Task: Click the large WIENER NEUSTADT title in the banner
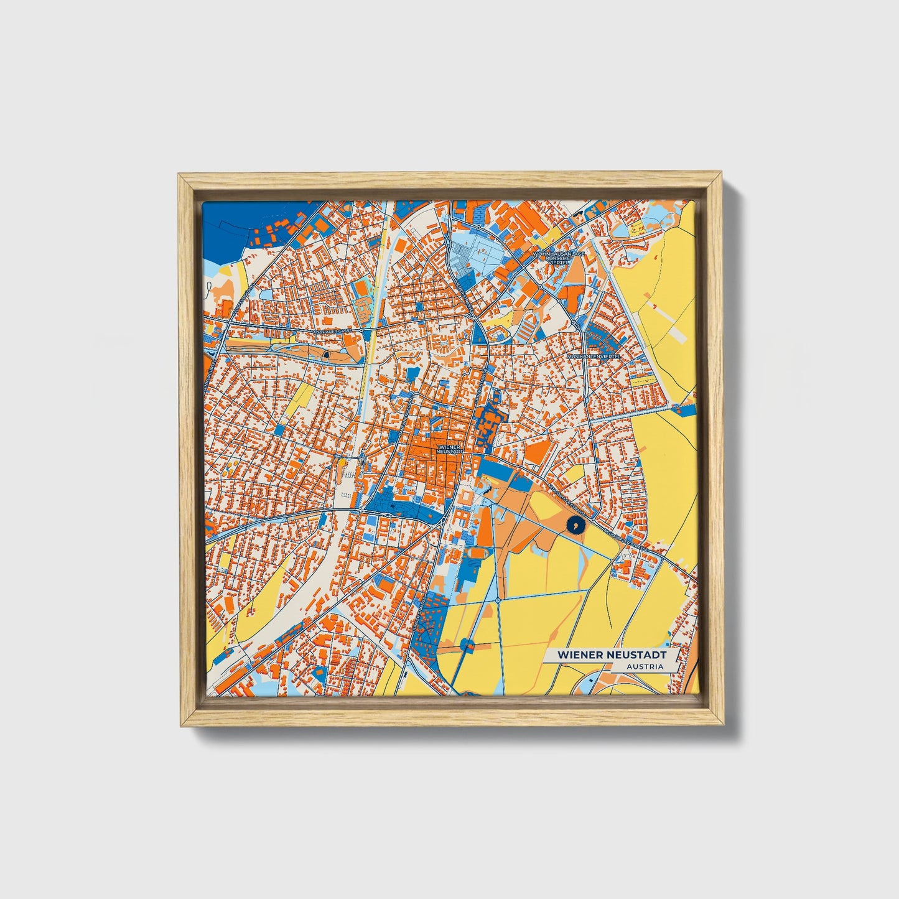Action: pyautogui.click(x=611, y=655)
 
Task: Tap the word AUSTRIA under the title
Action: pyautogui.click(x=645, y=666)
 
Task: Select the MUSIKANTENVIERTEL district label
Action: pyautogui.click(x=594, y=356)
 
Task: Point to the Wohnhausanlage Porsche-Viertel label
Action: pyautogui.click(x=558, y=259)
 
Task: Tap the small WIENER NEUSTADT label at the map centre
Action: pyautogui.click(x=450, y=449)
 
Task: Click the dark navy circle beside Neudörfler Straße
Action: pyautogui.click(x=575, y=526)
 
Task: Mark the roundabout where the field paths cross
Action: pyautogui.click(x=498, y=600)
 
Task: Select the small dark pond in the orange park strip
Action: pyautogui.click(x=325, y=356)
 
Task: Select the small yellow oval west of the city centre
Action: pyautogui.click(x=342, y=463)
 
